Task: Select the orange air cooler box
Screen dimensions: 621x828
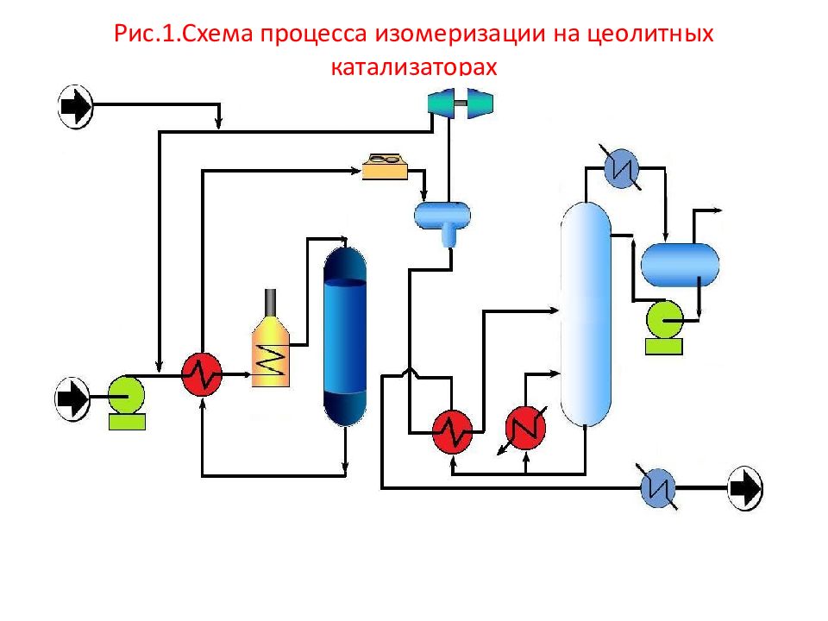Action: [x=385, y=165]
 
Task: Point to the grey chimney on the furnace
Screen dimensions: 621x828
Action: [x=273, y=301]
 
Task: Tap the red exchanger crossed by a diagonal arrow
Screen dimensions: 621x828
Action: [x=525, y=426]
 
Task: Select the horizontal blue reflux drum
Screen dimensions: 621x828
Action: [x=680, y=265]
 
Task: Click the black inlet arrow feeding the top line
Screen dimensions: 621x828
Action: [x=75, y=106]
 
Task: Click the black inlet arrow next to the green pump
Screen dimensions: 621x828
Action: [x=73, y=398]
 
